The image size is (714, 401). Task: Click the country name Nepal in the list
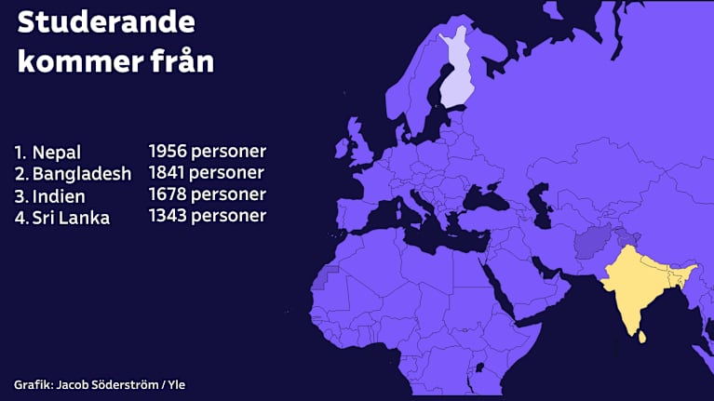coord(57,152)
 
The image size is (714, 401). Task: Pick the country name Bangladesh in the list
coord(82,174)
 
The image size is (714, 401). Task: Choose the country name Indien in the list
coord(59,196)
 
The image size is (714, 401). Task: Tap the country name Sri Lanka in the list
coord(71,219)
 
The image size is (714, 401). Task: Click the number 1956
coord(168,151)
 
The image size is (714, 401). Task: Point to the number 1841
coord(168,173)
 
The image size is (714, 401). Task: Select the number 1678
coord(168,194)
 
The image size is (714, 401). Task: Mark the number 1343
coord(168,216)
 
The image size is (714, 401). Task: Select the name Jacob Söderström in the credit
coord(108,384)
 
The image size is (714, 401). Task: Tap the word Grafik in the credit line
coord(32,384)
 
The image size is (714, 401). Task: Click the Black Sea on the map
coord(486,195)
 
